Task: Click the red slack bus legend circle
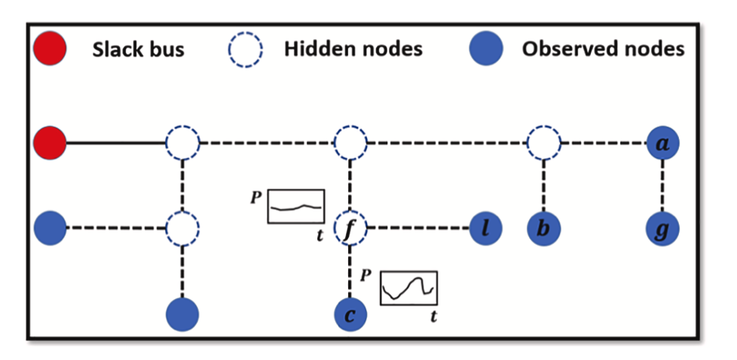pos(50,50)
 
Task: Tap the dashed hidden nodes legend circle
pos(246,50)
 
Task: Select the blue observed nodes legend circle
pos(485,50)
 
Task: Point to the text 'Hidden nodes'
pos(353,50)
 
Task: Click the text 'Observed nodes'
pos(603,50)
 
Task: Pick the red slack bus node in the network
pos(50,142)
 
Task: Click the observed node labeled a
pos(663,142)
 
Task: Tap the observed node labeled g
pos(663,228)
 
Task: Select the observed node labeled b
pos(543,228)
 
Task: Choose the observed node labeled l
pos(485,228)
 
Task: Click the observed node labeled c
pos(350,314)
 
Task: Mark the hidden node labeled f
pos(350,228)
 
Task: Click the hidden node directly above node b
pos(543,142)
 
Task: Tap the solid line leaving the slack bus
pos(116,142)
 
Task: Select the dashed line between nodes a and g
pos(663,185)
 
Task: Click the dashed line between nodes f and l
pos(417,228)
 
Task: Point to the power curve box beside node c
pos(409,286)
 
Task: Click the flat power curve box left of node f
pos(295,206)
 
